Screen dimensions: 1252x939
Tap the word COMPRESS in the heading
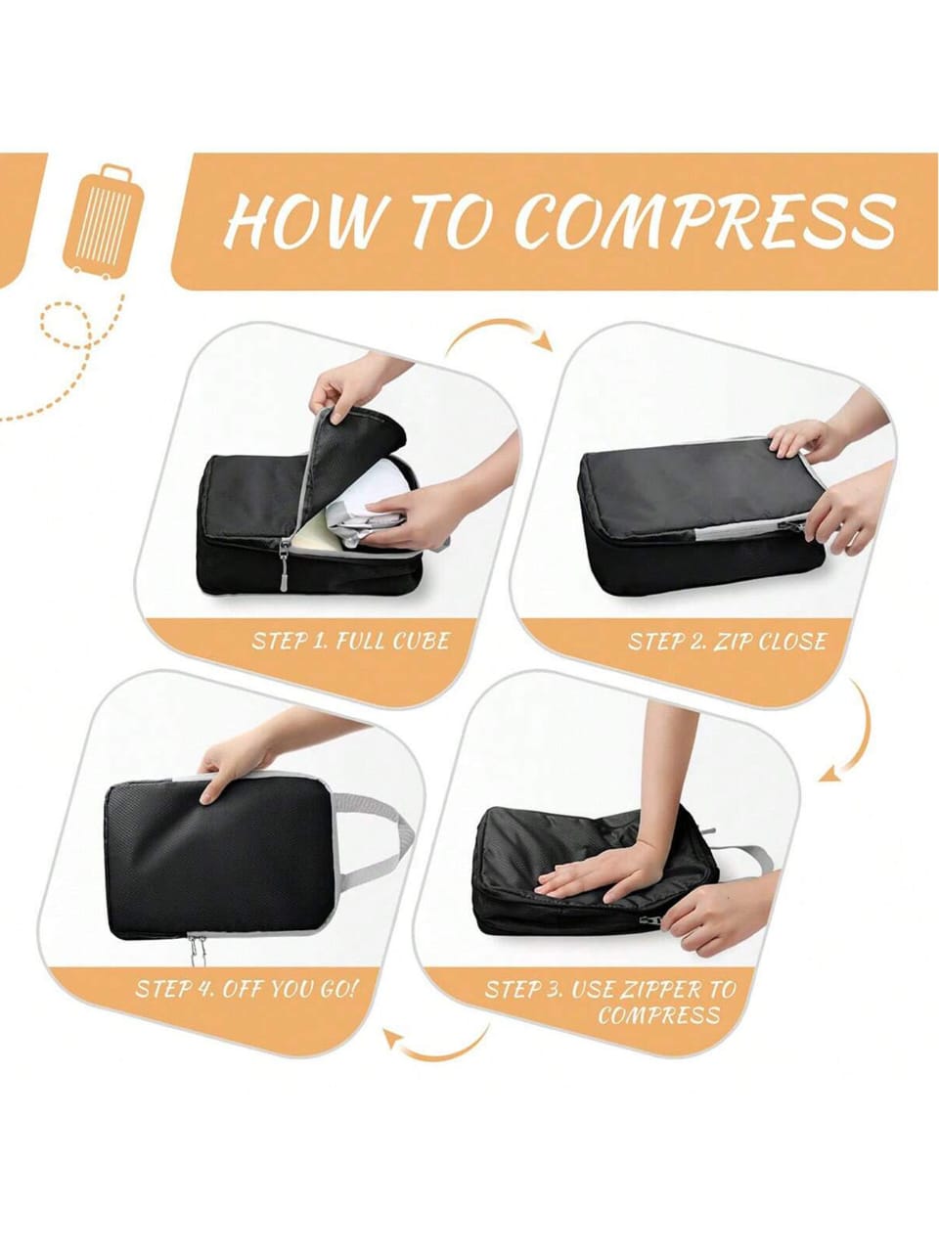point(704,221)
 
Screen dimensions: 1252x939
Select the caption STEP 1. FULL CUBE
point(351,642)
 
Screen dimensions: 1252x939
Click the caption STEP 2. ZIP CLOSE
point(728,642)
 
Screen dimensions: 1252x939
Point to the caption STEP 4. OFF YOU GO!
point(247,987)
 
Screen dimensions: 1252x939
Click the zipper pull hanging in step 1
point(286,566)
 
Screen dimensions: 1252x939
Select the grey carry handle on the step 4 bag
point(381,831)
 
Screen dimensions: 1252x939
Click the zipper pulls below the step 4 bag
point(197,948)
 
